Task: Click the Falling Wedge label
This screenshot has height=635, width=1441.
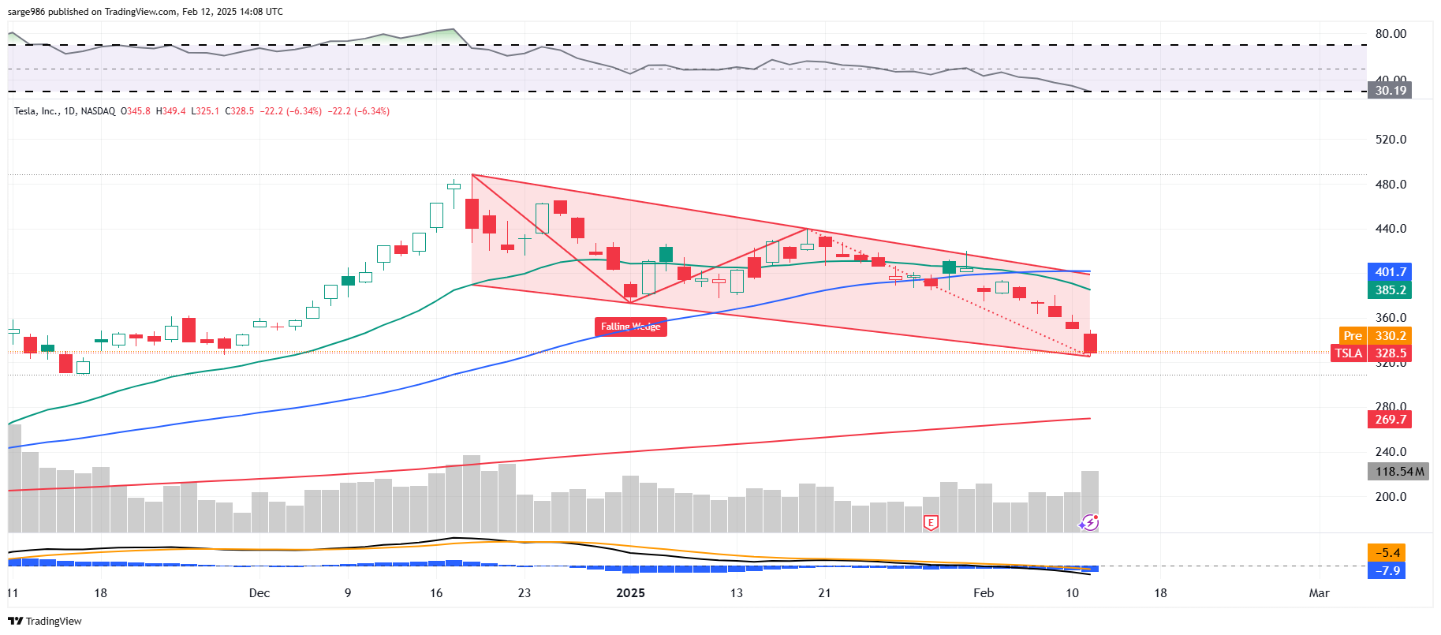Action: point(630,327)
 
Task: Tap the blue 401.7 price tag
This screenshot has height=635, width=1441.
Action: point(1390,272)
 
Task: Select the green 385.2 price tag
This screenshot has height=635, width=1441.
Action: point(1390,290)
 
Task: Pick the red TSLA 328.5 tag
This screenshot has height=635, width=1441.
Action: point(1372,353)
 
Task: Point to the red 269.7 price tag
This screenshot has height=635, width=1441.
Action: point(1390,420)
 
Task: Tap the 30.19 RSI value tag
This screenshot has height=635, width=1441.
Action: point(1390,91)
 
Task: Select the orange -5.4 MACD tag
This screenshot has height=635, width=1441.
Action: point(1388,553)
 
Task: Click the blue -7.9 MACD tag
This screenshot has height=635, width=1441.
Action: point(1388,570)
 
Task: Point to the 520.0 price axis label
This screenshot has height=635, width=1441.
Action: point(1391,140)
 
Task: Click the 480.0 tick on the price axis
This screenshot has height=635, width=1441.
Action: point(1391,185)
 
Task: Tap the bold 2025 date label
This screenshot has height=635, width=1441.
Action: point(630,593)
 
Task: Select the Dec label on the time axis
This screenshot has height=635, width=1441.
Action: point(259,593)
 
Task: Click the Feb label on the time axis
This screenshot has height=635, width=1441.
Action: point(983,593)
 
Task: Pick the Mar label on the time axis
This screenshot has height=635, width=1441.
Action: point(1319,593)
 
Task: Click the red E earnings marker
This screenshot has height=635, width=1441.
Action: point(931,522)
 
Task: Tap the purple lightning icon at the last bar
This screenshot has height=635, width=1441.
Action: point(1090,522)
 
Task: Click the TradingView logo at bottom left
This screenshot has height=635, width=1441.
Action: point(45,621)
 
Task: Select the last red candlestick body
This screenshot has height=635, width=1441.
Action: point(1090,343)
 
